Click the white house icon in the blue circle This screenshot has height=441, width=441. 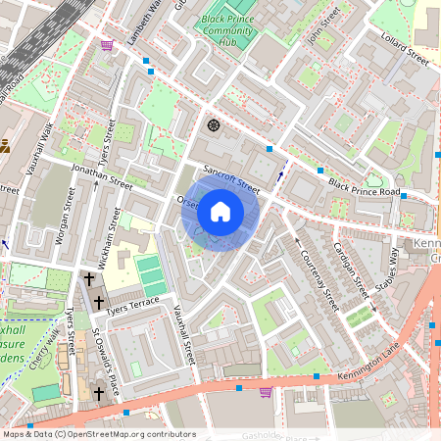(220, 212)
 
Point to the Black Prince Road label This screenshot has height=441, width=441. (365, 188)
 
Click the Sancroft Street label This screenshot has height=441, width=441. (230, 178)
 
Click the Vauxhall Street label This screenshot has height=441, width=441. (185, 334)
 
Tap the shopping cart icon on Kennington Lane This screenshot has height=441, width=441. (265, 391)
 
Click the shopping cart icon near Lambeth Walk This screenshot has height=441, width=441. (106, 44)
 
